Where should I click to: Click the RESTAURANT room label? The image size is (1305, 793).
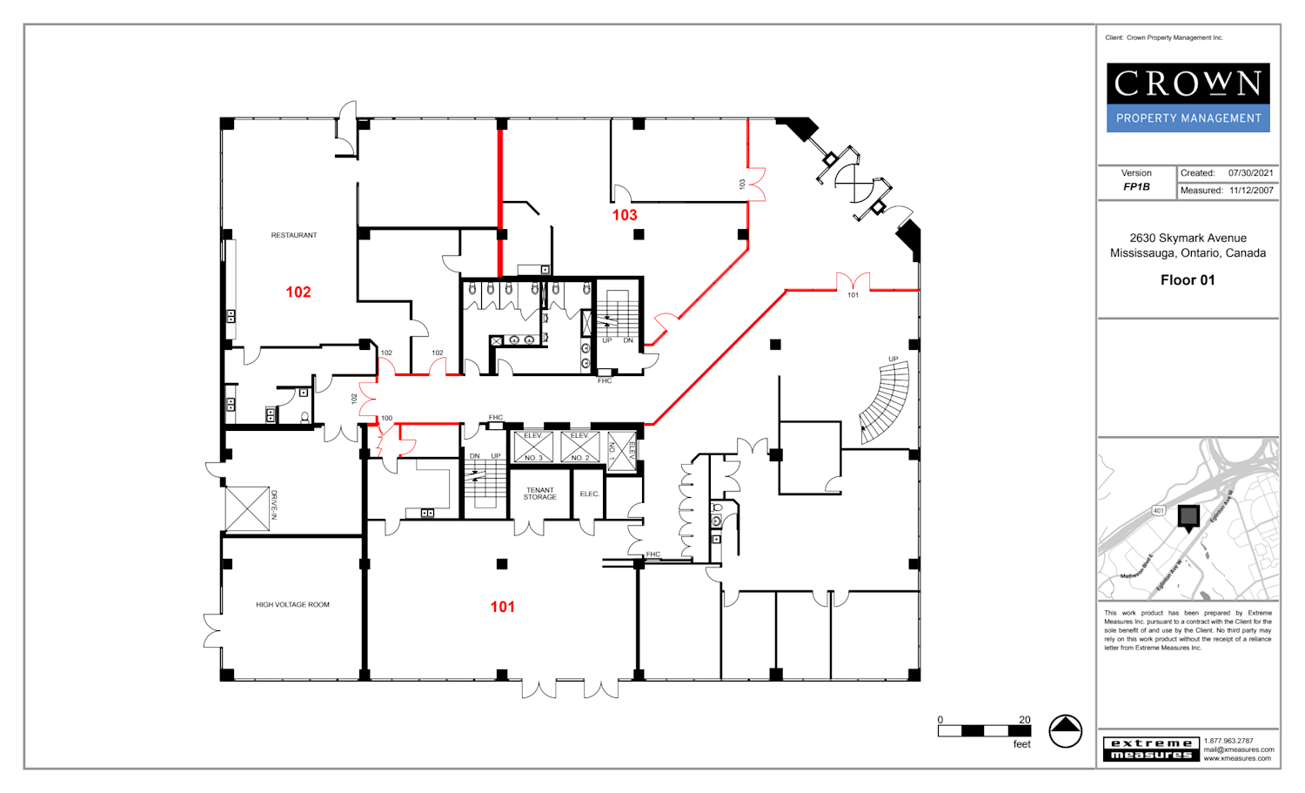tap(294, 235)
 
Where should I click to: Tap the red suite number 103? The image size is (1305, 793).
tap(625, 215)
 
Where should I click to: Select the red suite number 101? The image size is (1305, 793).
tap(502, 607)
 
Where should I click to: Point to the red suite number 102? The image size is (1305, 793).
tap(298, 292)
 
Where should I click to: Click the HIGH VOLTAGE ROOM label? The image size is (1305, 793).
tap(292, 605)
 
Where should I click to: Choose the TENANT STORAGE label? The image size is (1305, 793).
tap(539, 494)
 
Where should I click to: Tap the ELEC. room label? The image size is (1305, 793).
tap(589, 494)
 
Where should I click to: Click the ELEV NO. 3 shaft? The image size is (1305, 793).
tap(533, 447)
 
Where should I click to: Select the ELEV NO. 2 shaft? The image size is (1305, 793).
tap(579, 447)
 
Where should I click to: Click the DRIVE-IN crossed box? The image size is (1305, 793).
tap(247, 508)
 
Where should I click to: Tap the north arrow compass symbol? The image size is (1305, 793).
tap(1065, 731)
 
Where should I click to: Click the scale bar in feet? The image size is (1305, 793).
tap(984, 731)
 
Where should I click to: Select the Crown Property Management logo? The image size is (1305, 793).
tap(1188, 97)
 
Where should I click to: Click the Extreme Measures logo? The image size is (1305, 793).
tap(1151, 749)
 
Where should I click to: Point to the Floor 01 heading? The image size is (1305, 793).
tap(1188, 280)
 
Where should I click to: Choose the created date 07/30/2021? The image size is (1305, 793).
tap(1250, 173)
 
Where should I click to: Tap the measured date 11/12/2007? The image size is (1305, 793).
tap(1251, 191)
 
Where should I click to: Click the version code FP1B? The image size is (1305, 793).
tap(1136, 187)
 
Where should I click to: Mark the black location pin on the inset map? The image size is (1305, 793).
tap(1188, 518)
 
